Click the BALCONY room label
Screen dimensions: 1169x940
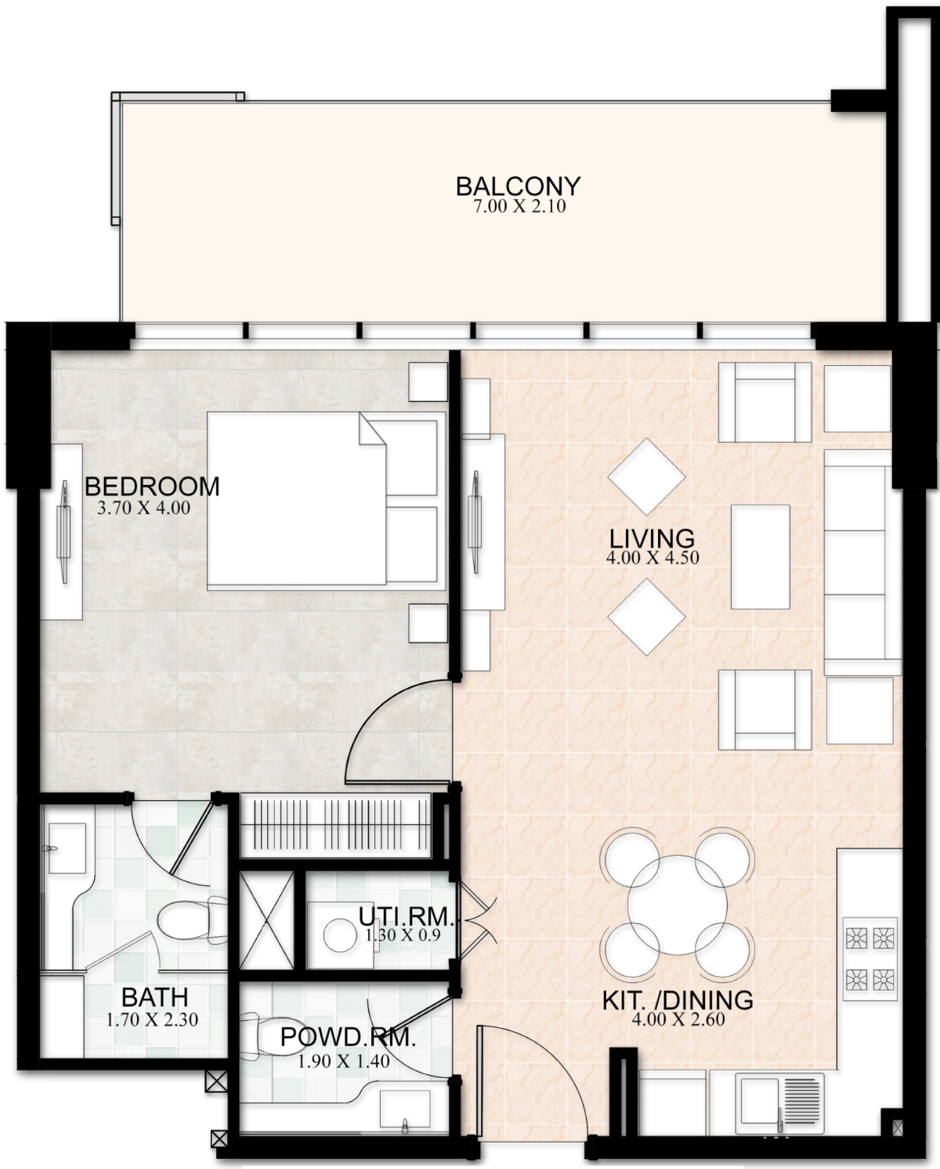pyautogui.click(x=518, y=186)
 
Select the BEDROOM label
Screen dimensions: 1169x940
pyautogui.click(x=152, y=486)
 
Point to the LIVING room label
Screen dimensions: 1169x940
pyautogui.click(x=652, y=538)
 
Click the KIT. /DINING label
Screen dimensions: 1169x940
pyautogui.click(x=678, y=1000)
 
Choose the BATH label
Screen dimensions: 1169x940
pyautogui.click(x=154, y=997)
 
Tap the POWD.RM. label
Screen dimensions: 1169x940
pyautogui.click(x=347, y=1037)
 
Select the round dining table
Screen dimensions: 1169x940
pyautogui.click(x=677, y=904)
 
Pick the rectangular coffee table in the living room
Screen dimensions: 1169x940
pyautogui.click(x=760, y=556)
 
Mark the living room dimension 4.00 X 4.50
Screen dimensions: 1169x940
pyautogui.click(x=652, y=559)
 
